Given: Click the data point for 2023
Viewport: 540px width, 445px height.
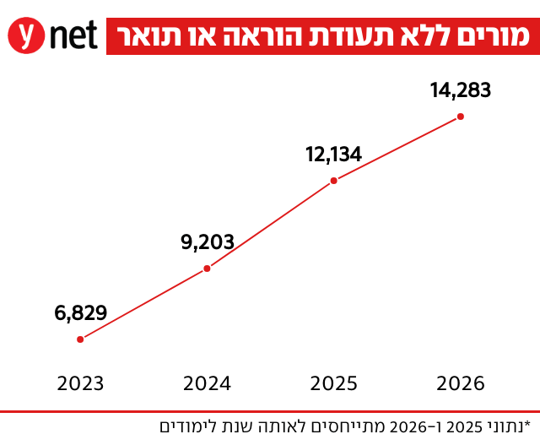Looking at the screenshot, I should pos(80,339).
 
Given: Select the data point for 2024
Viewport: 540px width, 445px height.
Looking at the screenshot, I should pos(208,269).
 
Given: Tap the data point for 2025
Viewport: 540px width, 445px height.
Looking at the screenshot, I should pos(334,180).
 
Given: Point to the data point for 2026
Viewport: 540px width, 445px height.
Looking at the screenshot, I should pos(461,117).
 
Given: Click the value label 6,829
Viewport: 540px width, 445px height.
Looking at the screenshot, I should pos(81,313).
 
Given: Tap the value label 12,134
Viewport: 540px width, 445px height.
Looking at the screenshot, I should pos(334,154).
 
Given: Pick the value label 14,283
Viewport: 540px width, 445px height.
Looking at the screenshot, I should pos(461,90).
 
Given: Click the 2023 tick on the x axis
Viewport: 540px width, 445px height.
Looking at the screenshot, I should pos(81,384).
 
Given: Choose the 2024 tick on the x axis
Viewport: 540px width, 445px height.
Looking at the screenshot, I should pos(208,384).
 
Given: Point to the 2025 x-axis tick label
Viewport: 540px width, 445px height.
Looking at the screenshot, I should pos(334,384).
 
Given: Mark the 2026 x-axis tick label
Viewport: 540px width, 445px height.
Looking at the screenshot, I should pos(461,384).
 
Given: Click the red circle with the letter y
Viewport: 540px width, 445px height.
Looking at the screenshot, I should pos(26,37).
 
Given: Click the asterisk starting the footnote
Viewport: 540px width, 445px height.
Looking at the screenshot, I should pos(527,422).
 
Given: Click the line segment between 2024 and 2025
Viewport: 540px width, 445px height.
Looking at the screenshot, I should pos(271,225).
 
